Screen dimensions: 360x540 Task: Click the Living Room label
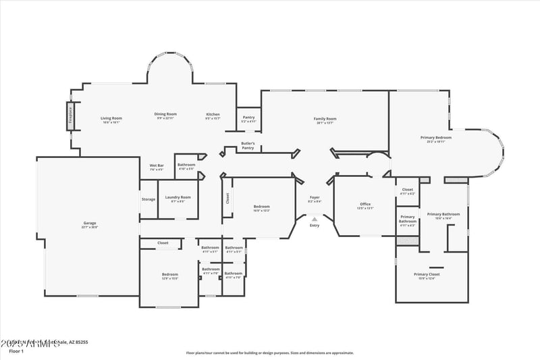coord(111,119)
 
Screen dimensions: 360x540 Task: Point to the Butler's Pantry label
coord(248,145)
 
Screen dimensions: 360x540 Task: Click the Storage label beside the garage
coord(148,199)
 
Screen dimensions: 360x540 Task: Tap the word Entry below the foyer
coord(315,225)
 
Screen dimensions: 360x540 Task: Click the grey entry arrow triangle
coord(315,218)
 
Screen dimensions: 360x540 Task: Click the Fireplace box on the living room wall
coord(70,115)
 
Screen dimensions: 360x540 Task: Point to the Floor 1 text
coord(16,351)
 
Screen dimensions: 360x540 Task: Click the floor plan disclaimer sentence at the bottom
coord(270,353)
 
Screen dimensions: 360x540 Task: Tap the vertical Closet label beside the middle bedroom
coord(227,199)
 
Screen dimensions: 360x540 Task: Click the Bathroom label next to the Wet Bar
coord(186,166)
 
